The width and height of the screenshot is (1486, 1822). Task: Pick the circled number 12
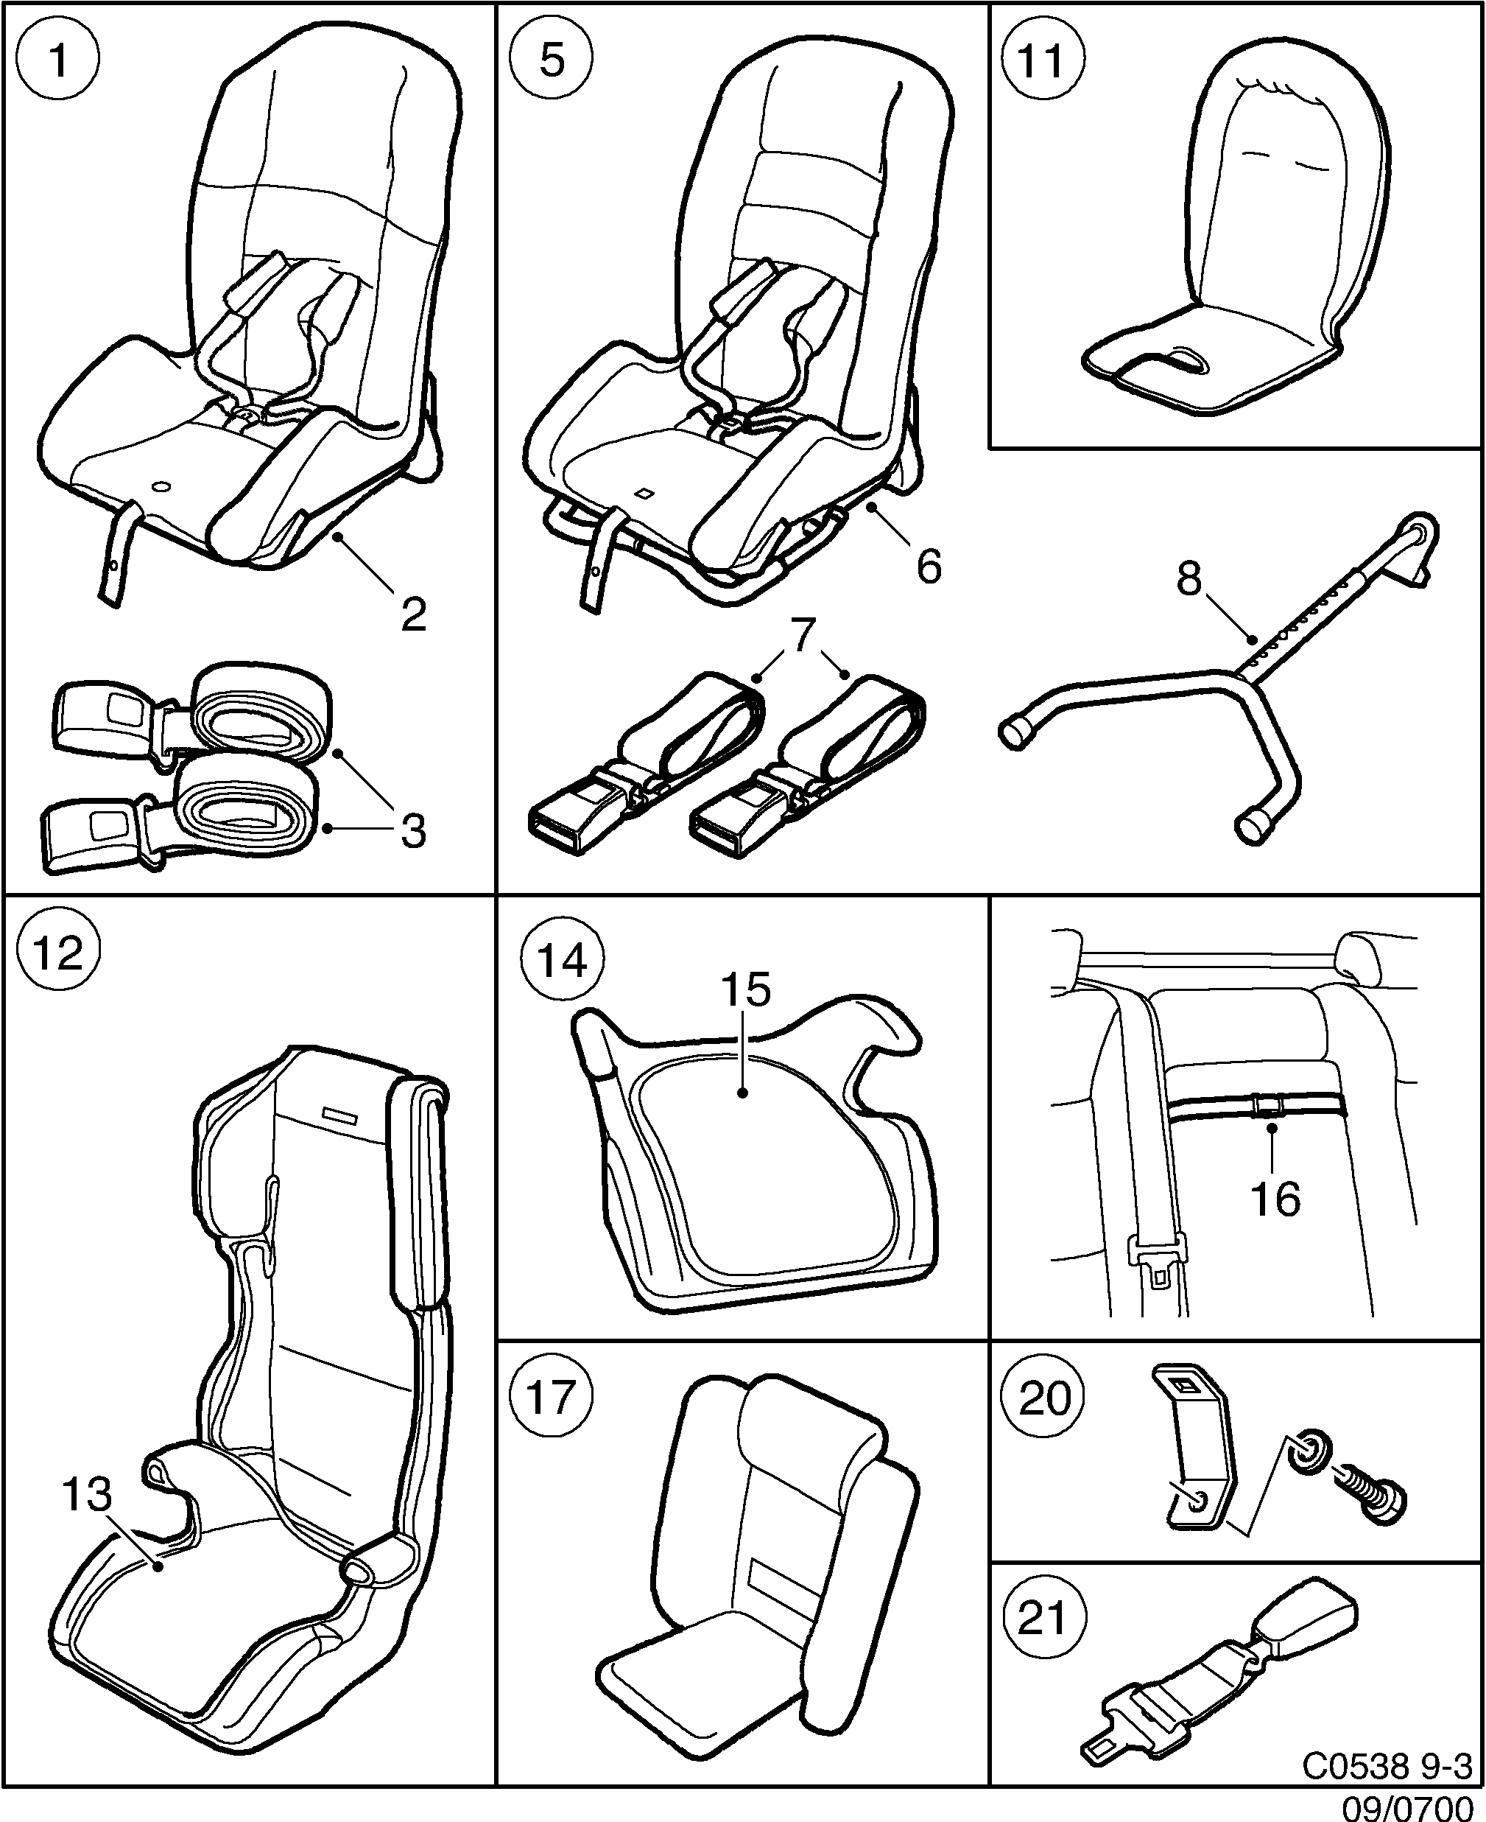point(58,953)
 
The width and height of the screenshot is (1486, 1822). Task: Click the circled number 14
point(563,961)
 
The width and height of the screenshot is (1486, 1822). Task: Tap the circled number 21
point(1043,1619)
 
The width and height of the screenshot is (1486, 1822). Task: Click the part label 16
point(1275,1199)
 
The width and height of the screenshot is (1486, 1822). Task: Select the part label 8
point(1189,580)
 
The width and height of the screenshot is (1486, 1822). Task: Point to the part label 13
point(88,1495)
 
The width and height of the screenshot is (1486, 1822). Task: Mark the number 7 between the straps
point(801,638)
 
